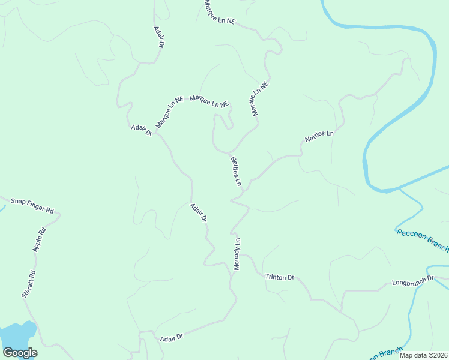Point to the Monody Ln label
click(237, 254)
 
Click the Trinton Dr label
click(280, 277)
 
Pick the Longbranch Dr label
click(412, 281)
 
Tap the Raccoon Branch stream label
click(422, 239)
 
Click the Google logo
click(20, 353)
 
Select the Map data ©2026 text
click(423, 355)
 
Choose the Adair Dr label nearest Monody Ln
click(199, 213)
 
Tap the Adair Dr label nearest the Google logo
click(171, 338)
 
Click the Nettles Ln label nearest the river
click(319, 136)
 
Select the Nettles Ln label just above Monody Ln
click(236, 171)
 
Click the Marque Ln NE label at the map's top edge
click(220, 13)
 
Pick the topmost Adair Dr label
click(159, 37)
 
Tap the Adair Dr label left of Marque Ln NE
click(142, 130)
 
